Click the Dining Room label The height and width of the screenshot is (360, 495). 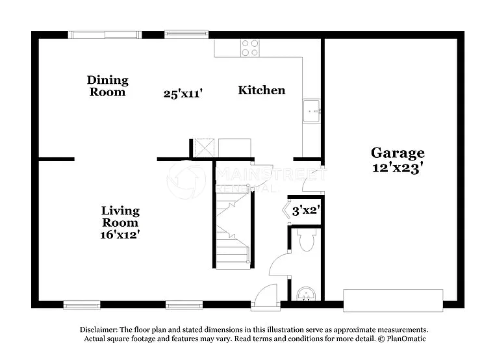click(x=108, y=86)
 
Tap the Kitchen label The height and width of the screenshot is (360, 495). click(x=261, y=90)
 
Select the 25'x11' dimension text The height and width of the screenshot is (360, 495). click(x=183, y=94)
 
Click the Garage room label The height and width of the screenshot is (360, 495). click(x=398, y=153)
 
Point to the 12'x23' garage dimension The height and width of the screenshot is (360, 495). click(x=398, y=168)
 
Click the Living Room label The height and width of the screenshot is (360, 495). click(x=120, y=216)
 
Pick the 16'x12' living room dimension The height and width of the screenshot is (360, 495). click(x=121, y=235)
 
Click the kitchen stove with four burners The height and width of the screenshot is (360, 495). click(x=250, y=47)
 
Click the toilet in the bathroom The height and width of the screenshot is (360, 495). click(x=305, y=240)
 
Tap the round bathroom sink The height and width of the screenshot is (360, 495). click(x=306, y=294)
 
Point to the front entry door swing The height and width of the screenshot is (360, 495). click(x=265, y=298)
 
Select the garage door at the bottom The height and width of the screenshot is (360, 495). click(x=393, y=300)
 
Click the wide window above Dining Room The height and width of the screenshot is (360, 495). click(x=105, y=34)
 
